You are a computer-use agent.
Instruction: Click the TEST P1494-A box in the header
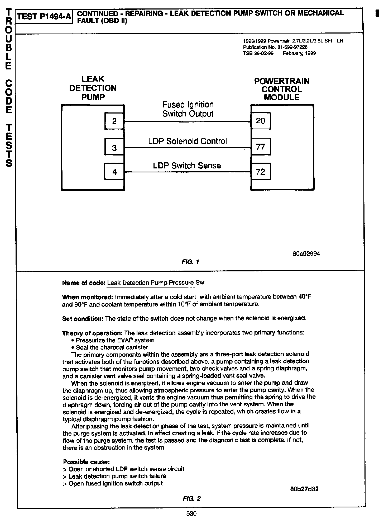pyautogui.click(x=44, y=17)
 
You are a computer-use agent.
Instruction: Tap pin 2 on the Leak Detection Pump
pyautogui.click(x=114, y=121)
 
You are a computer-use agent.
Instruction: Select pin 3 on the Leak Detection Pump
pyautogui.click(x=114, y=147)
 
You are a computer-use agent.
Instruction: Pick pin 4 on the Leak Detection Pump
pyautogui.click(x=114, y=172)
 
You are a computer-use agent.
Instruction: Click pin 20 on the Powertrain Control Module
pyautogui.click(x=261, y=121)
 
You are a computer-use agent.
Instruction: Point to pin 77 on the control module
pyautogui.click(x=261, y=147)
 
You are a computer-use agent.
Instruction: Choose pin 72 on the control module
pyautogui.click(x=261, y=172)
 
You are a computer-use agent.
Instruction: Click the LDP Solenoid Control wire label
pyautogui.click(x=187, y=141)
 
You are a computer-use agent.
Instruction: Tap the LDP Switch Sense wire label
pyautogui.click(x=187, y=166)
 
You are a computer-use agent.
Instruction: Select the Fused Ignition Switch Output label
pyautogui.click(x=188, y=109)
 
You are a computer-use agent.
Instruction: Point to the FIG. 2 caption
pyautogui.click(x=191, y=498)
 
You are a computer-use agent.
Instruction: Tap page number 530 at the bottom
pyautogui.click(x=191, y=514)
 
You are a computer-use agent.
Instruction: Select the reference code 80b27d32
pyautogui.click(x=304, y=489)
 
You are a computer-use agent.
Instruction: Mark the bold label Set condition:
pyautogui.click(x=83, y=319)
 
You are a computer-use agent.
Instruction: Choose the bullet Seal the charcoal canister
pyautogui.click(x=112, y=347)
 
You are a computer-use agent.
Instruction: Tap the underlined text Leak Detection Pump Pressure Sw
pyautogui.click(x=156, y=283)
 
